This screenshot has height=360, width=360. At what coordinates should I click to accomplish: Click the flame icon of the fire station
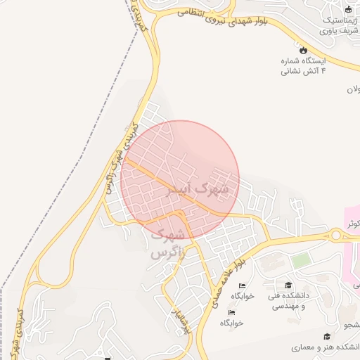coord(303,50)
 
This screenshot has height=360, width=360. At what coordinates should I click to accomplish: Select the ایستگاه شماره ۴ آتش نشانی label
coord(303,66)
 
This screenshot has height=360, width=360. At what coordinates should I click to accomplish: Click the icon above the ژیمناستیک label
coord(347,9)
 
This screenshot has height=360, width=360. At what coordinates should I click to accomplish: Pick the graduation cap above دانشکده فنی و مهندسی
coord(288,285)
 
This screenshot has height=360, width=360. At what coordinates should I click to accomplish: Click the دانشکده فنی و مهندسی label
coord(288,301)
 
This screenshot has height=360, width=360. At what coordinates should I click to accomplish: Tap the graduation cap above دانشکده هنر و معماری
coord(326,337)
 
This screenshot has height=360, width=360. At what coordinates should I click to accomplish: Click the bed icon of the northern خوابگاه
coord(243,285)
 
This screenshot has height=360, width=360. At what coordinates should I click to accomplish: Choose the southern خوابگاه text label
coord(231,323)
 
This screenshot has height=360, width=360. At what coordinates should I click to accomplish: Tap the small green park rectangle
coord(301,260)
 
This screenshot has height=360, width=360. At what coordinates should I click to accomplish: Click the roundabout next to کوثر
coord(337,236)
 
